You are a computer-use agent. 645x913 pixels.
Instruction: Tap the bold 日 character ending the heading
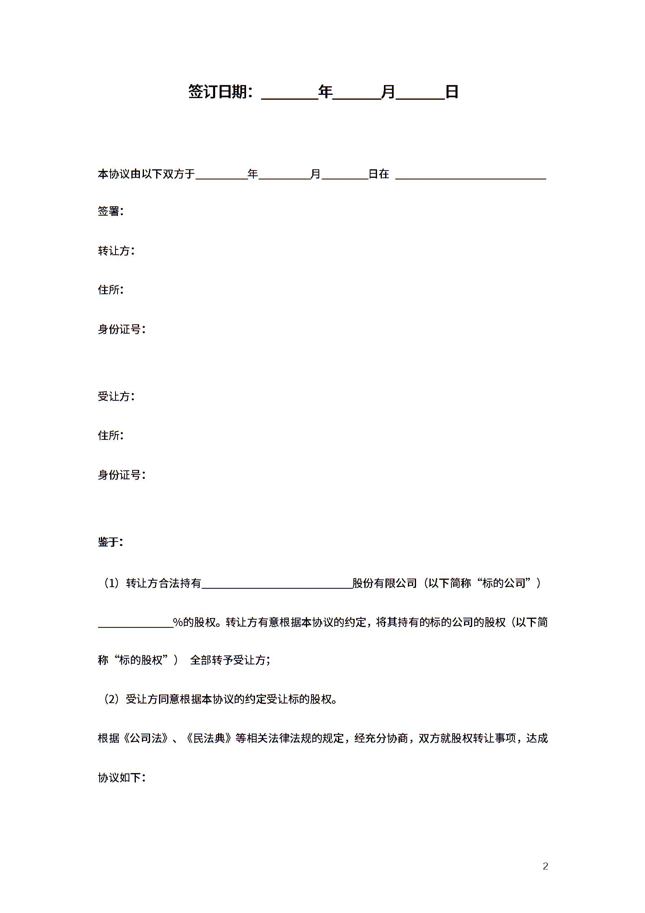[x=452, y=92]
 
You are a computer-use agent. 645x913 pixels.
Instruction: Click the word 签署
[x=109, y=211]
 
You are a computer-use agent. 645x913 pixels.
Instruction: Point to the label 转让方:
[x=115, y=251]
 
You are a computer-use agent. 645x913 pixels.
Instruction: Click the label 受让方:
[x=115, y=396]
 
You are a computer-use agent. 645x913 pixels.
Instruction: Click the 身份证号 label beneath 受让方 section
[x=121, y=474]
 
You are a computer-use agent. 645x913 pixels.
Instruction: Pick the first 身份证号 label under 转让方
[x=121, y=329]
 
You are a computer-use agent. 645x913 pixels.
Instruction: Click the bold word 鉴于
[x=109, y=542]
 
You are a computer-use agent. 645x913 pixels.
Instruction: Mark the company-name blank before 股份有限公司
[x=277, y=584]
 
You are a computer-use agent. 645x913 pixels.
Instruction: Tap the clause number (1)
[x=111, y=583]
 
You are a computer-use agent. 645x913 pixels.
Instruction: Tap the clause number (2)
[x=111, y=699]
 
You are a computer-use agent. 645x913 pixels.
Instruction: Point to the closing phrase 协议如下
[x=119, y=778]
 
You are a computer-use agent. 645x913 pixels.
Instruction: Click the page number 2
[x=545, y=866]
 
